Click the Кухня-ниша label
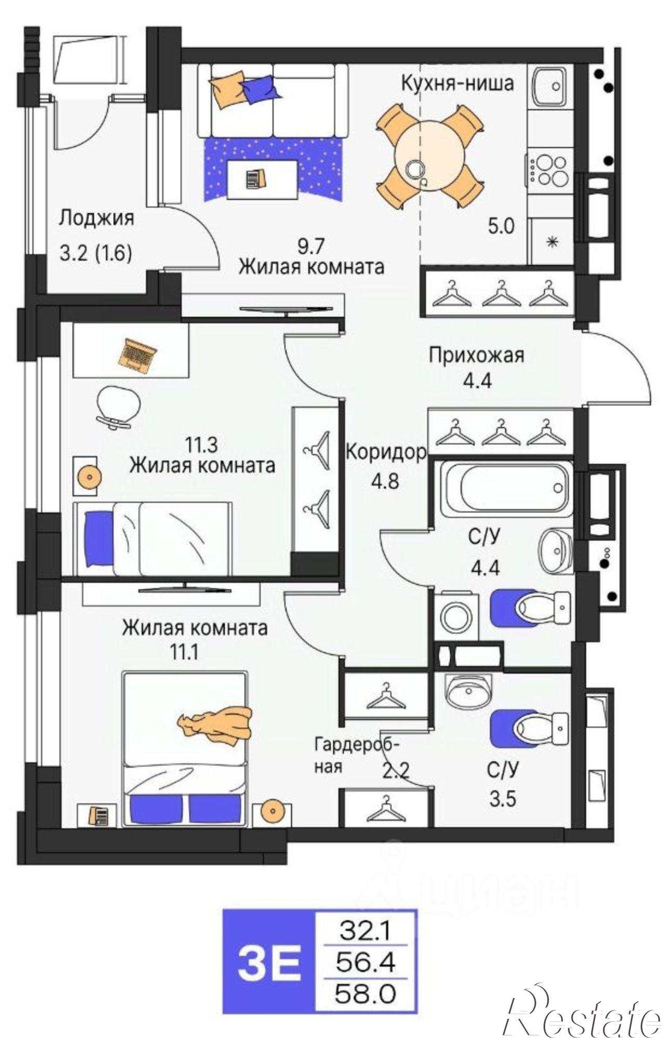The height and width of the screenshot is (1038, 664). pos(457,83)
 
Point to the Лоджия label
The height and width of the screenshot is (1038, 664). pos(96,218)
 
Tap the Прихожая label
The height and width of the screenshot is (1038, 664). pos(476,356)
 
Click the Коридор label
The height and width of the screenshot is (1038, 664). pos(385,453)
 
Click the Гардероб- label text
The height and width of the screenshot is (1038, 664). pos(357,745)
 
